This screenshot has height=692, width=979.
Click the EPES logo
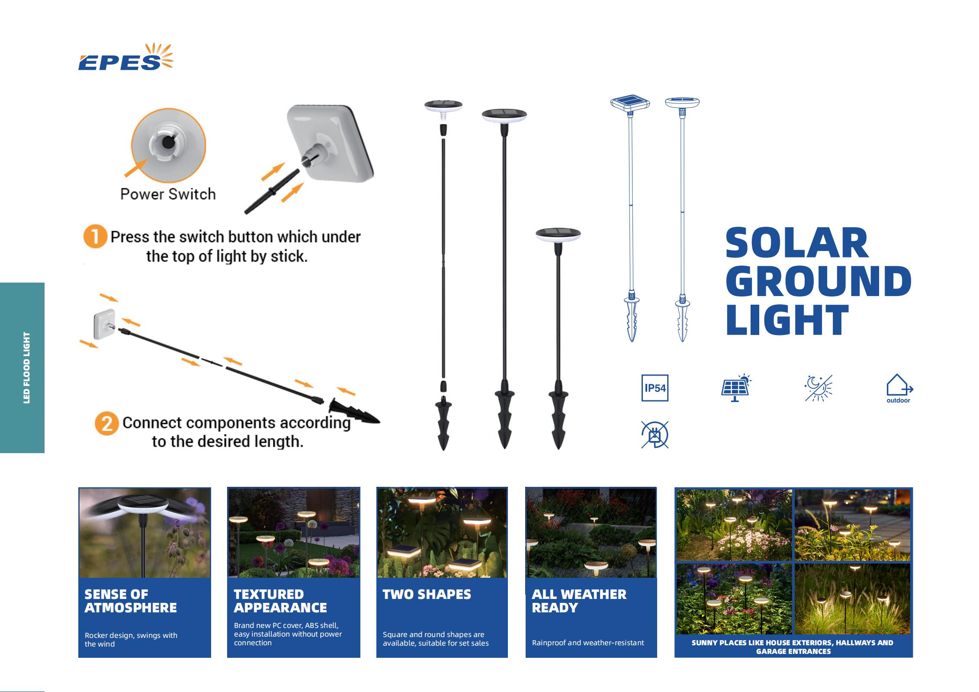125,57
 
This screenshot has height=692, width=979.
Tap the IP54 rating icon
655,388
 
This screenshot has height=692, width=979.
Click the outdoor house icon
899,388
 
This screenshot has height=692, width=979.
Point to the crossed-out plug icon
655,434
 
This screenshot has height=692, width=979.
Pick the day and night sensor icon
818,388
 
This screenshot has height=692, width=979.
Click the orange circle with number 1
95,236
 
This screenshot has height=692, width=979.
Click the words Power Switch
168,194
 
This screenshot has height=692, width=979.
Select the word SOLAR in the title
797,243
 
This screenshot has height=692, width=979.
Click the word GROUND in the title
819,281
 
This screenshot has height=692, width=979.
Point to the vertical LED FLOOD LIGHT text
27,368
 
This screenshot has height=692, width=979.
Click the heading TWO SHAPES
427,594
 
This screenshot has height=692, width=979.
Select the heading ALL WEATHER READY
579,601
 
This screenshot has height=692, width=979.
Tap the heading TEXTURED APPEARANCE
280,601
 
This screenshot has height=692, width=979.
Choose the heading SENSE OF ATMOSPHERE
131,601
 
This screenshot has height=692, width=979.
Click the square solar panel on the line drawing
630,103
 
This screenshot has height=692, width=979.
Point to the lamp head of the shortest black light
558,235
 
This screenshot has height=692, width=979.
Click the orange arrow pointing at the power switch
136,168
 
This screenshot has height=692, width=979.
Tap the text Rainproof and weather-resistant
588,643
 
